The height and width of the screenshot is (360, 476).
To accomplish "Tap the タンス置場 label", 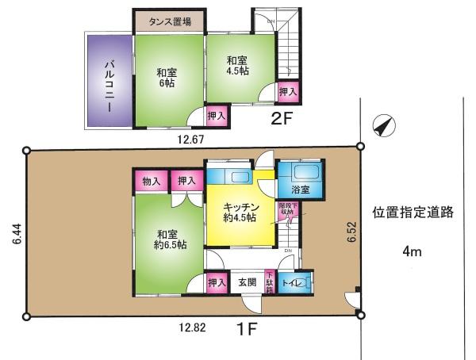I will pyautogui.click(x=168, y=21).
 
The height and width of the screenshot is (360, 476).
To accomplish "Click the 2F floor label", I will pyautogui.click(x=284, y=121).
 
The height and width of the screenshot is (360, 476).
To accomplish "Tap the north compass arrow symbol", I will pyautogui.click(x=382, y=127).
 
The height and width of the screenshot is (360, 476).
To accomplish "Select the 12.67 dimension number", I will pyautogui.click(x=192, y=140).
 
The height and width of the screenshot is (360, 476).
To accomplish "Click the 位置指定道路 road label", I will pyautogui.click(x=413, y=213).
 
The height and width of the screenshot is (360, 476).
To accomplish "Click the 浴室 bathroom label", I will pyautogui.click(x=300, y=191).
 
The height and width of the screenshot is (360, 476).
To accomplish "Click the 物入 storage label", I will pyautogui.click(x=151, y=182).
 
